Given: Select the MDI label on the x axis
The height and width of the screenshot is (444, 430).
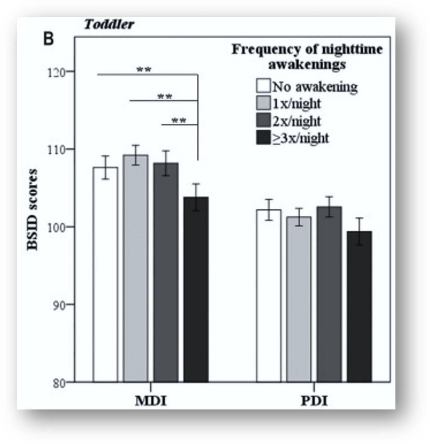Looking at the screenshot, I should pyautogui.click(x=150, y=402).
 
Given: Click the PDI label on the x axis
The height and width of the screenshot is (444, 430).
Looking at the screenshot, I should pyautogui.click(x=314, y=402).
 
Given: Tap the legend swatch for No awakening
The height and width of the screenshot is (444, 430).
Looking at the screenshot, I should pyautogui.click(x=263, y=86).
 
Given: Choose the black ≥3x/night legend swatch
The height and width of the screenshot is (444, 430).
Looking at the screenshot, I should pyautogui.click(x=263, y=138).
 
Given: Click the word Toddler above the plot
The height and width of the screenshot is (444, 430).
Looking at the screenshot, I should pyautogui.click(x=109, y=24).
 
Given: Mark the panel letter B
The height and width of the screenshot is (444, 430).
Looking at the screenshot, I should pyautogui.click(x=48, y=39).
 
